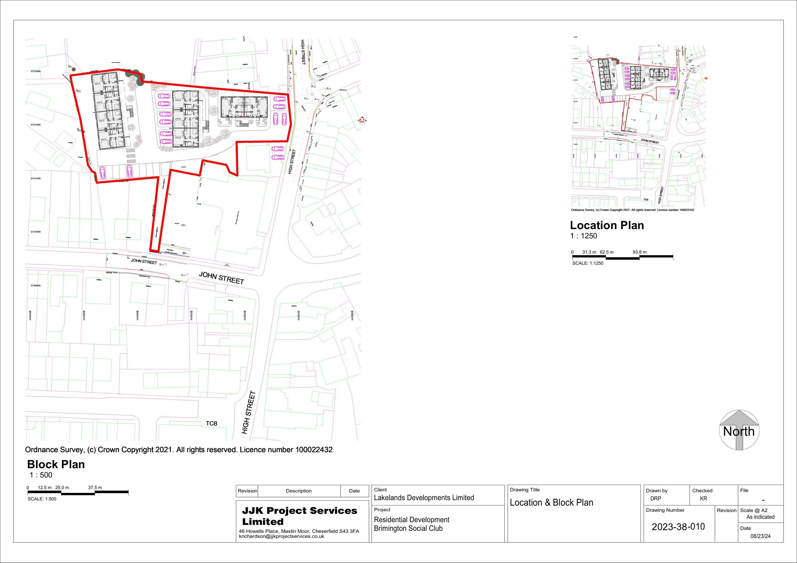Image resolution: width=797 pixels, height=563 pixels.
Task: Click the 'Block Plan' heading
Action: pos(56,464)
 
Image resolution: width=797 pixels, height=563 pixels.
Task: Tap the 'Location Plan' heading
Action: pos(607,225)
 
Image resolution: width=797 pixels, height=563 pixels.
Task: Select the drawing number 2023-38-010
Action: pos(678,527)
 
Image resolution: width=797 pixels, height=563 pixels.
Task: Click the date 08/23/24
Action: pos(760,536)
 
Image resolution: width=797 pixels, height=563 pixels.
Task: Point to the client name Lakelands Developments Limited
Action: pos(423,498)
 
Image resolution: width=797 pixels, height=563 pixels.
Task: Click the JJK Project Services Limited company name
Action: pos(299,516)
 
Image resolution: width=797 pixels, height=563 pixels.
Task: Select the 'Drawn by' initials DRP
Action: pos(655,498)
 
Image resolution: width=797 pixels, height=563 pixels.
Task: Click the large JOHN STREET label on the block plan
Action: pos(222,278)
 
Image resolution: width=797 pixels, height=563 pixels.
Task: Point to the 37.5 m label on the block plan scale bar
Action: pos(95,487)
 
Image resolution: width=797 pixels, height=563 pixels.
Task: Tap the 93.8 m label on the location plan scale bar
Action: pos(639,252)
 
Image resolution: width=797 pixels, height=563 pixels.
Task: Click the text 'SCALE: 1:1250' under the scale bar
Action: pos(588,263)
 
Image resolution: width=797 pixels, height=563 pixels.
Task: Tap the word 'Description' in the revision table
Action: pos(299,491)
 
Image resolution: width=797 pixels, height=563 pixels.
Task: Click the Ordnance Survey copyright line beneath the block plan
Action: pos(179,450)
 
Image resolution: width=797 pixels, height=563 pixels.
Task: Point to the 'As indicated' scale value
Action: pos(760,517)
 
